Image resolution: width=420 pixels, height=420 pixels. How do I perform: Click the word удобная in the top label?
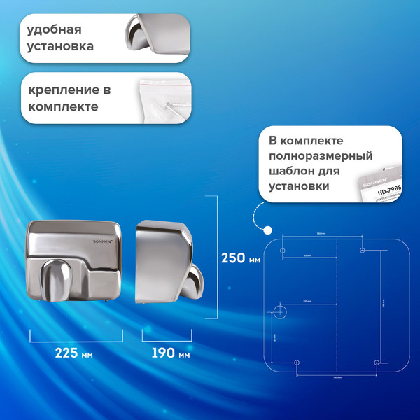click(x=55, y=30)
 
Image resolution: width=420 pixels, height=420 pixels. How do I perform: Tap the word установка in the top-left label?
click(x=60, y=48)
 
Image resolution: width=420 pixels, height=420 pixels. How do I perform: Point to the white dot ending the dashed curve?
click(x=267, y=229)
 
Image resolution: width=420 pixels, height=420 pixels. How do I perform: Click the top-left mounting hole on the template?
click(x=282, y=250)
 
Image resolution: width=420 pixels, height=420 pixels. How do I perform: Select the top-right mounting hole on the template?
click(x=362, y=250)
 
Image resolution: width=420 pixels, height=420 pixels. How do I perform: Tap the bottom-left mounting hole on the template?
click(x=297, y=363)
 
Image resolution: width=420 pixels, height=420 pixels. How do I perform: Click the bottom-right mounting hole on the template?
click(x=377, y=363)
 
